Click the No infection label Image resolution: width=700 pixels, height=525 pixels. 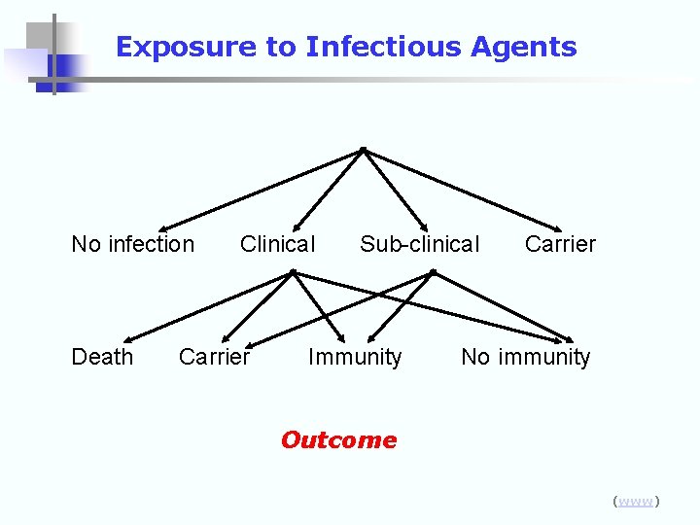(x=133, y=244)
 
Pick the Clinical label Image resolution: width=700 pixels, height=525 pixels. (x=277, y=244)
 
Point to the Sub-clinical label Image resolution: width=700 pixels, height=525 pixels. (x=419, y=244)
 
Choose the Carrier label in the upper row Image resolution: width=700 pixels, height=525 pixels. (x=560, y=244)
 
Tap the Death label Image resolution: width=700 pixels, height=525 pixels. (x=102, y=357)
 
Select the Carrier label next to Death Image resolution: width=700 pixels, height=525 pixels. (x=214, y=357)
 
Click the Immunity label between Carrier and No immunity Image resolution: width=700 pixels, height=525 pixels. (x=355, y=357)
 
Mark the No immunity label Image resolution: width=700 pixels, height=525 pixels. (x=525, y=357)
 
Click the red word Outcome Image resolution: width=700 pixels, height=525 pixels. (x=338, y=440)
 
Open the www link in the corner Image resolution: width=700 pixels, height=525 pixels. (x=636, y=502)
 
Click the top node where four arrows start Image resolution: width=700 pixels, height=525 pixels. (x=362, y=149)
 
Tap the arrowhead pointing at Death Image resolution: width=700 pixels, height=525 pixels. (x=129, y=337)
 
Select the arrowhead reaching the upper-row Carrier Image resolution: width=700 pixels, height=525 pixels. (x=549, y=225)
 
